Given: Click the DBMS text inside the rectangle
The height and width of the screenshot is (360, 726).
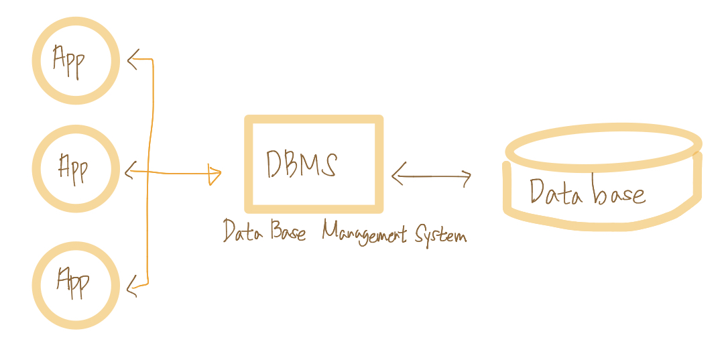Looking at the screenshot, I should pos(302,164).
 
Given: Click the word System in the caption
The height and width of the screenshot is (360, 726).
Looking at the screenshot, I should pos(440,235).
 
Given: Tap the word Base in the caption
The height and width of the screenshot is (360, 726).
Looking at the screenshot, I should pos(288,231).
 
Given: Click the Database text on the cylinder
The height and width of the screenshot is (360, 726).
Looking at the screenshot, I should pos(587,192).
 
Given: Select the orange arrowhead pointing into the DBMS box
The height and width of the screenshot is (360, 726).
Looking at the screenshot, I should pos(216,174).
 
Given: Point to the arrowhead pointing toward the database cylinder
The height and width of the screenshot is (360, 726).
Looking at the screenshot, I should pos(467,177).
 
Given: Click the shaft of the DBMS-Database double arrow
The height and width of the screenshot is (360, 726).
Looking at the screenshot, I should pos(432,176).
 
